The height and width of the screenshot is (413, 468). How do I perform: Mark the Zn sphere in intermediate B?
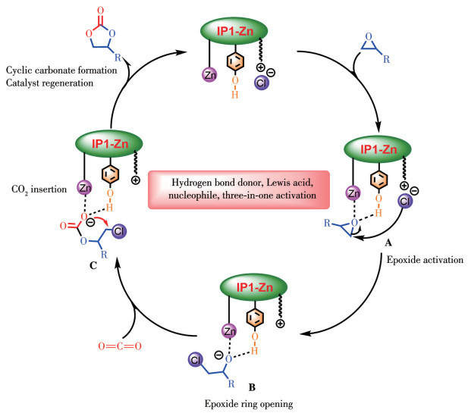pos(230,332)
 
